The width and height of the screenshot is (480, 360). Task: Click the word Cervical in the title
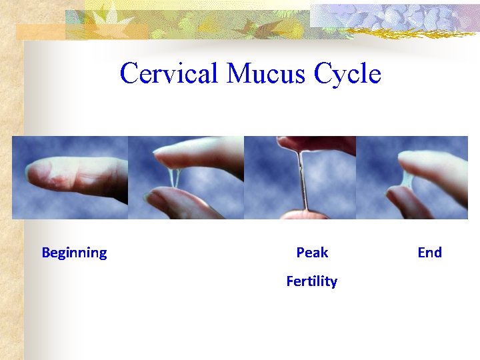coord(169,73)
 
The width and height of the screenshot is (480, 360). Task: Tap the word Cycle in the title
coord(347,73)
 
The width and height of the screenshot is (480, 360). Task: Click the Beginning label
coord(74,253)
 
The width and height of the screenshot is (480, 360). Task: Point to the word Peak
coord(312,253)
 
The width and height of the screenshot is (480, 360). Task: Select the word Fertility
coord(311,281)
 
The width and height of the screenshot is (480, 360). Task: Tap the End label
coord(429,253)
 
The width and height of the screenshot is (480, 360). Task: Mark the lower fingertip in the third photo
coord(304,215)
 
